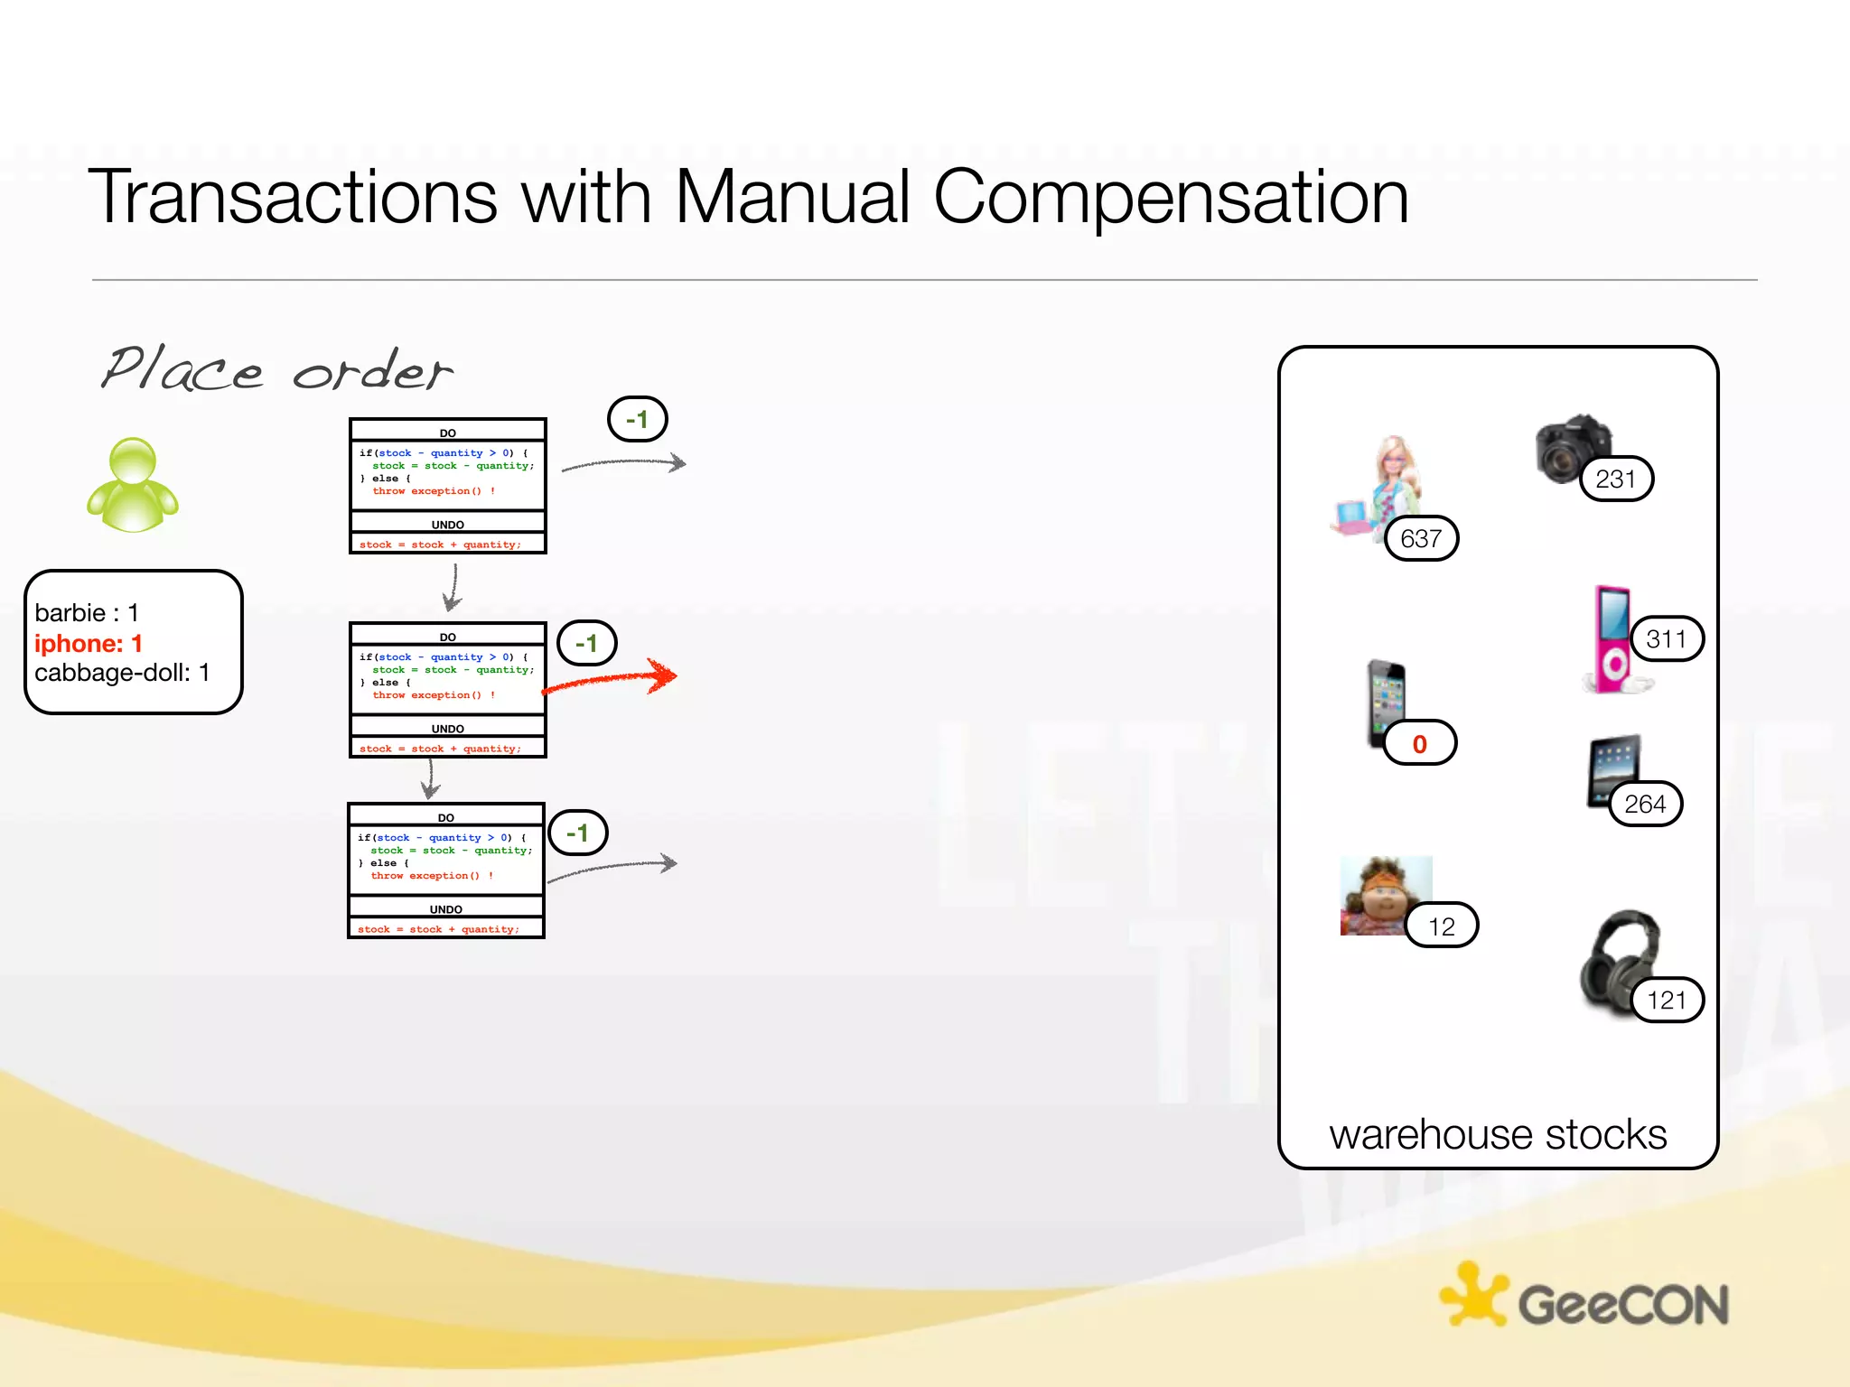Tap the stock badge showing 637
[1421, 539]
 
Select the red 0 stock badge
[1419, 744]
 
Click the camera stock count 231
[1616, 479]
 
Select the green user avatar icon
[133, 485]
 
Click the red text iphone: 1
[89, 644]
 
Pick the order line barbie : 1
[87, 613]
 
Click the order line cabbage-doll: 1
[122, 673]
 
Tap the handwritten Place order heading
[276, 369]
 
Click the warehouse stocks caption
[1497, 1135]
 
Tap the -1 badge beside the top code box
[637, 420]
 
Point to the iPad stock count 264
[1645, 805]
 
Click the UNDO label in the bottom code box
[446, 909]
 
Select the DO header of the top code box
[448, 433]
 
